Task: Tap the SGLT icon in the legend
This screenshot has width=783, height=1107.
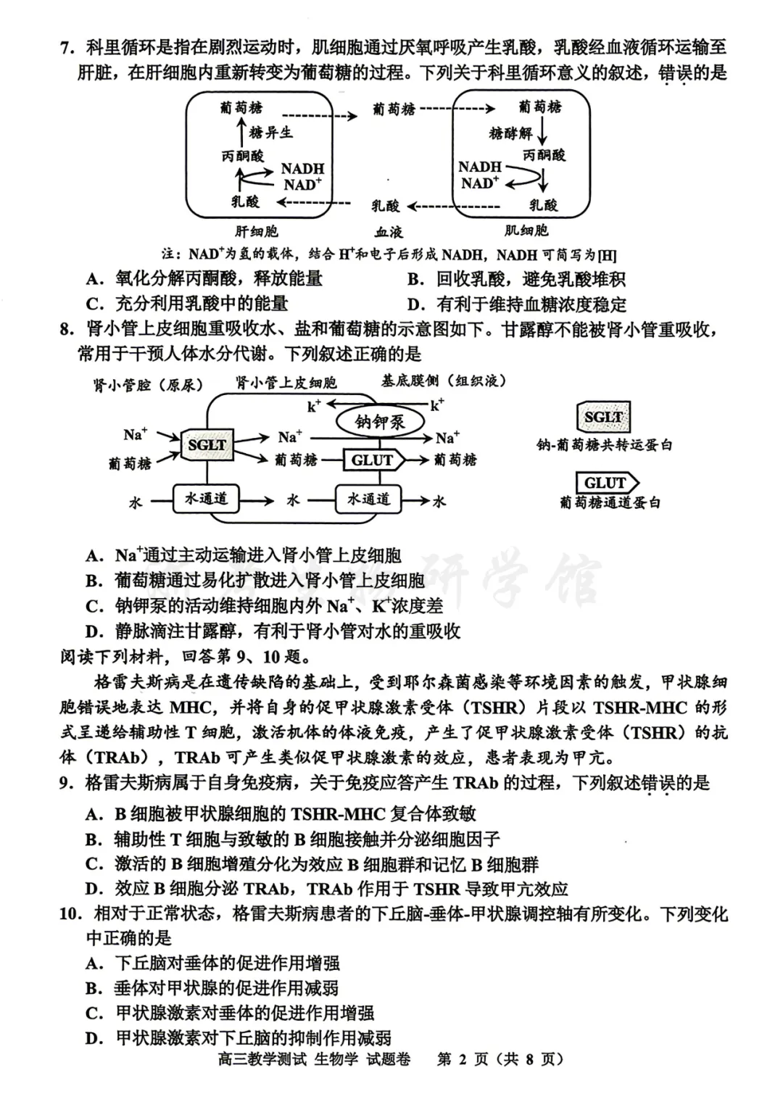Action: (x=603, y=418)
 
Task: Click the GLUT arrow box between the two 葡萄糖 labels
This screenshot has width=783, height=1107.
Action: (x=374, y=460)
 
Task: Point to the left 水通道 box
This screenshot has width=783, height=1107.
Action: (x=206, y=499)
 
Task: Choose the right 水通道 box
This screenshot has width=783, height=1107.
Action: (x=368, y=499)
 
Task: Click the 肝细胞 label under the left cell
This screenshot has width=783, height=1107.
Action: (x=256, y=232)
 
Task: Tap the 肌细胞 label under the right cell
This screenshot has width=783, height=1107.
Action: (x=526, y=231)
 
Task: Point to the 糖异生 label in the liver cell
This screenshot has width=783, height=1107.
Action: (x=270, y=133)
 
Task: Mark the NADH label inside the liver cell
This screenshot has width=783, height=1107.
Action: (x=302, y=169)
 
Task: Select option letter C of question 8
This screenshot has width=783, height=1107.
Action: (x=94, y=606)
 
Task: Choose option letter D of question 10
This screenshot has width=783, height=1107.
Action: (x=94, y=1038)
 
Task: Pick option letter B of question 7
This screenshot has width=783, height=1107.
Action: (x=415, y=279)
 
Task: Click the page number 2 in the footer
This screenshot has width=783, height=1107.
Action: (x=463, y=1059)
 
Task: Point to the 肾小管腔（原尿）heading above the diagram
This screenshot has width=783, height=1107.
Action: (x=148, y=385)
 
